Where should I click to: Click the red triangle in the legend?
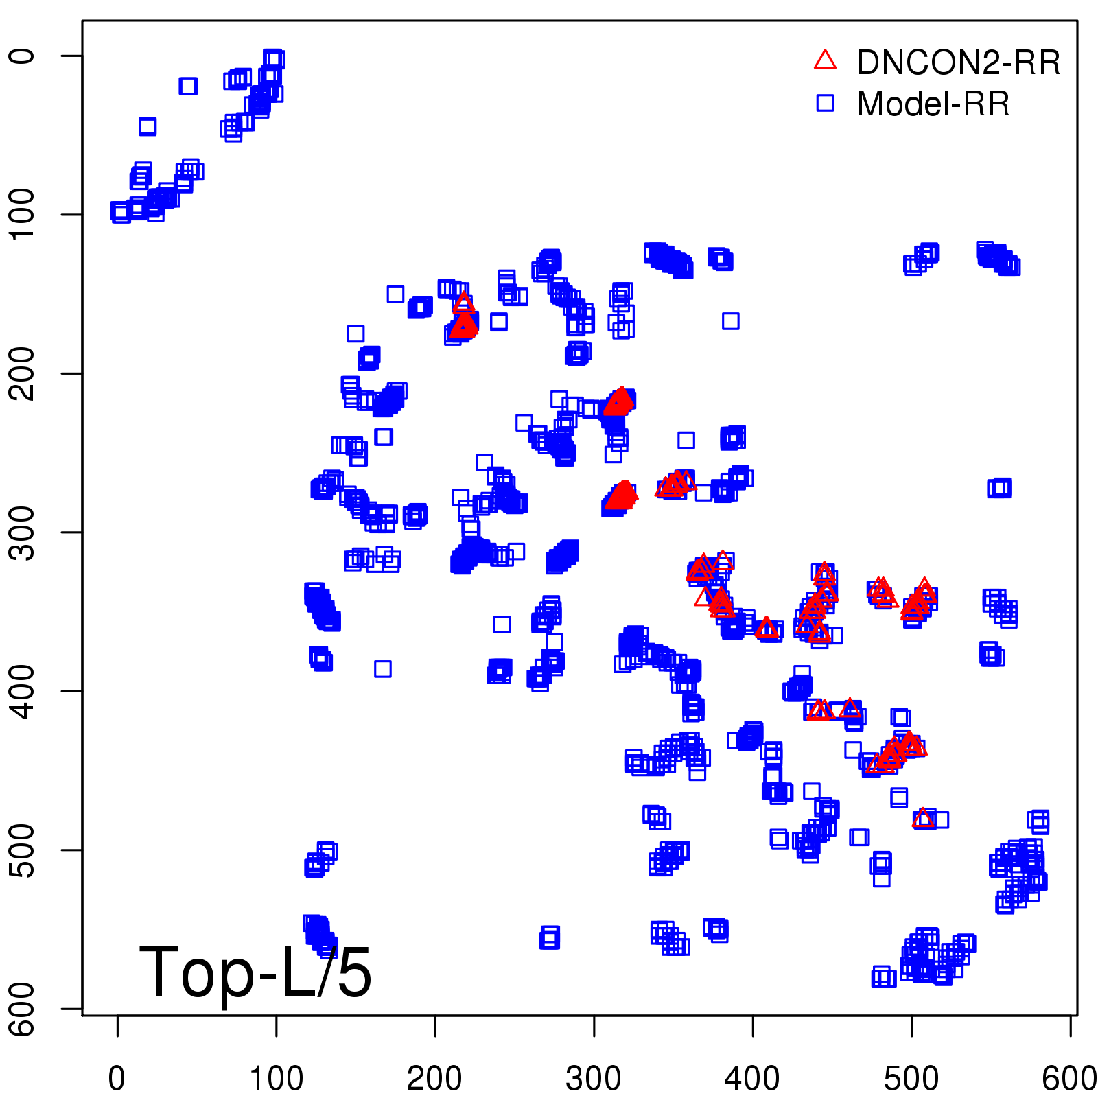pos(825,60)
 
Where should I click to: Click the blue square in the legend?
pos(825,103)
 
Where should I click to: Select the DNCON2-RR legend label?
pos(959,62)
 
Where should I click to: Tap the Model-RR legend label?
pos(933,104)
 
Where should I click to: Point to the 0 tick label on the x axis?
pos(117,1078)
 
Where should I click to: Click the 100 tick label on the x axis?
pos(276,1078)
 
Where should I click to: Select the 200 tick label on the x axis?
pos(434,1078)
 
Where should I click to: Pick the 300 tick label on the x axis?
pos(594,1078)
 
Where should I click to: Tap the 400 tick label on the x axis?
pos(752,1078)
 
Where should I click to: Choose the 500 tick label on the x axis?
pos(911,1078)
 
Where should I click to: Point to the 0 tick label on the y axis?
pos(23,56)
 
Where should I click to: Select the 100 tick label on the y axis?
pos(23,214)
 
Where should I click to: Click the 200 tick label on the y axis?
pos(23,373)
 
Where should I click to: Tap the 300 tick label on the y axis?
pos(23,532)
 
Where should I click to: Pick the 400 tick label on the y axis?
pos(23,691)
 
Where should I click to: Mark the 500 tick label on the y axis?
pos(23,850)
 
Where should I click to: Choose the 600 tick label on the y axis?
pos(23,1009)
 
